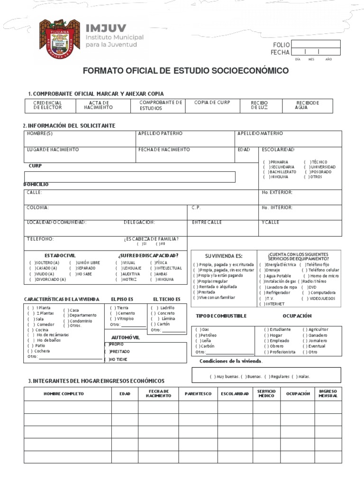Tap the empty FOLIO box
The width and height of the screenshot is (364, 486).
(315, 45)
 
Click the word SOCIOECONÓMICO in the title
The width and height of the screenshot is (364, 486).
(251, 71)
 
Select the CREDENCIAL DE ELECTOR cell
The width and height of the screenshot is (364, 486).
(47, 105)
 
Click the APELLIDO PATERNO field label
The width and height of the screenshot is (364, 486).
(160, 134)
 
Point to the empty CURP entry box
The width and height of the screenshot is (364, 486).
(129, 177)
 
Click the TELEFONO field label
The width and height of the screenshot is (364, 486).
(40, 239)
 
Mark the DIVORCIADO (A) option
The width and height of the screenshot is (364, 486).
(47, 280)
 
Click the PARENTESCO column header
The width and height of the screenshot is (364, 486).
(198, 394)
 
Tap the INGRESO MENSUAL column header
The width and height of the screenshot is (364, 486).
(328, 394)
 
